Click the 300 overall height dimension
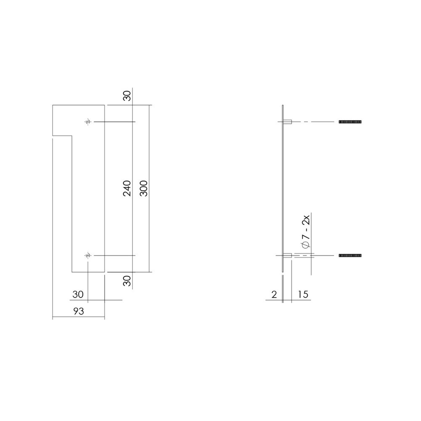pos(144,189)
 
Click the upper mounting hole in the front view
pos(88,122)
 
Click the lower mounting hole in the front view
pos(88,256)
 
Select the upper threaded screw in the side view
pos(350,122)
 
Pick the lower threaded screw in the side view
pos(350,256)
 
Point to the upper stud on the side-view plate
pos(288,122)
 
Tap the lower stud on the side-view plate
pos(288,256)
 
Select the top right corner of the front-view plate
pos(104,104)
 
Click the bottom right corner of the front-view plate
pos(104,272)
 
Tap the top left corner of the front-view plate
pos(53,104)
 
